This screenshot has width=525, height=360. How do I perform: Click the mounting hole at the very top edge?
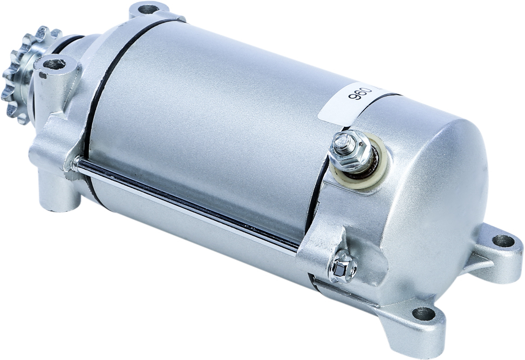(148, 9)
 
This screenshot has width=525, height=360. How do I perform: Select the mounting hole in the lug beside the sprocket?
(54, 64)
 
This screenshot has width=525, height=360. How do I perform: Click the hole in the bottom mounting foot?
(424, 314)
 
